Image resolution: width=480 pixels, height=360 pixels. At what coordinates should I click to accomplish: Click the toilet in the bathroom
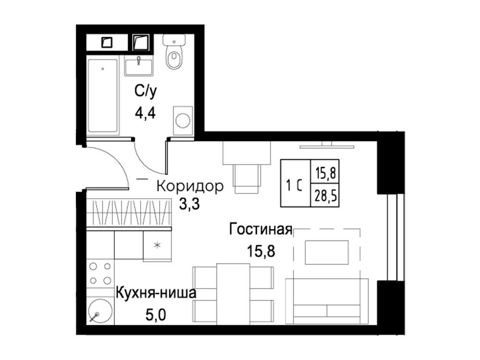click(x=174, y=51)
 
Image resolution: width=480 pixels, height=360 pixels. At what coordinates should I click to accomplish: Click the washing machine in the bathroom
click(x=183, y=120)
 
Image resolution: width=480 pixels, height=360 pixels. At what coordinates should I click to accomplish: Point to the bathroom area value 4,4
click(x=145, y=113)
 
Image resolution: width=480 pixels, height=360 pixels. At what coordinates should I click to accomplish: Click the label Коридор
click(x=190, y=186)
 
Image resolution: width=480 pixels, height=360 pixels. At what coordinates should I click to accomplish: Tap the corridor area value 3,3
click(x=189, y=204)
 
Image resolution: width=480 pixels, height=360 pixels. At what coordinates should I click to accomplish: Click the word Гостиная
click(x=261, y=229)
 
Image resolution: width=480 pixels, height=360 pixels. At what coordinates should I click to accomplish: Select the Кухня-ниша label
click(x=156, y=293)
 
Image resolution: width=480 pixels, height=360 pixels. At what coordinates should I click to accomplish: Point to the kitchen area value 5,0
click(x=156, y=315)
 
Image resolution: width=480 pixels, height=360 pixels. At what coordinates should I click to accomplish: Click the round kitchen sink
click(x=100, y=311)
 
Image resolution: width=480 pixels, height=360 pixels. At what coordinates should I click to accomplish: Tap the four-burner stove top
click(x=100, y=274)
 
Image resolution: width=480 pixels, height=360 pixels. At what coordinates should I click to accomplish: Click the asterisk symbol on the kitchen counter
click(x=157, y=245)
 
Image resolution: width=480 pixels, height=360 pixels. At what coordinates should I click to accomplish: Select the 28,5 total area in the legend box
click(x=325, y=195)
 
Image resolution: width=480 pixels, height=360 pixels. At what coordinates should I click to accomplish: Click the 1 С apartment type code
click(x=294, y=185)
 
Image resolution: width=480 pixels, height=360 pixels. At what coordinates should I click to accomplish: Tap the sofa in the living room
click(x=327, y=301)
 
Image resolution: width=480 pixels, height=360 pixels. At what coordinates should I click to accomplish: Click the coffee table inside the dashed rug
click(x=326, y=252)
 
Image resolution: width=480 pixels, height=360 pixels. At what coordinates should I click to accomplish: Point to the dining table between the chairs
click(x=233, y=294)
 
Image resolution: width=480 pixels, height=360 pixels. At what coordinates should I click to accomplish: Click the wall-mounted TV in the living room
click(x=326, y=146)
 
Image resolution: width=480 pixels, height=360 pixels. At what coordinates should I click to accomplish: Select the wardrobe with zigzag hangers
click(x=129, y=213)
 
